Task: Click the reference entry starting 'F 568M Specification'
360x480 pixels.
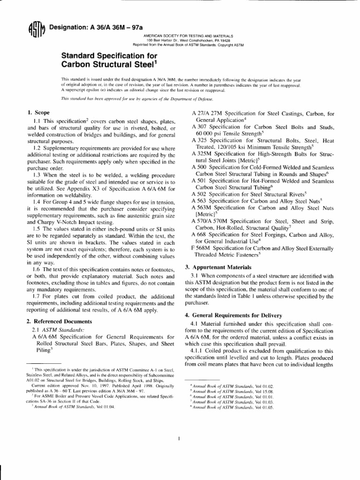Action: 262,248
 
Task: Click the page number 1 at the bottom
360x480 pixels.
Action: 180,438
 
